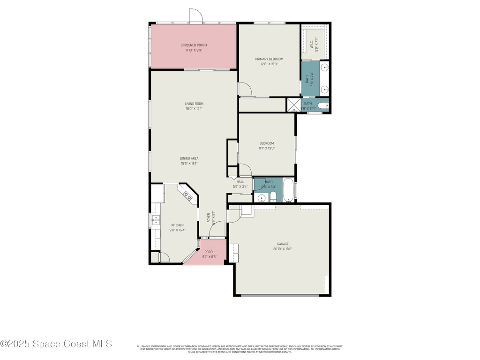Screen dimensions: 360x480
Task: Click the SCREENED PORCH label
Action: point(194,45)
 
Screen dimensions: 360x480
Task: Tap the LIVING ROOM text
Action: point(194,104)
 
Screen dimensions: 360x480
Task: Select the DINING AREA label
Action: point(189,158)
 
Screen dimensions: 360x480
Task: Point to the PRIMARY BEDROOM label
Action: point(269,59)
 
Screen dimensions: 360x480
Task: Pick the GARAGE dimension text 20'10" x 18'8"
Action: point(283,249)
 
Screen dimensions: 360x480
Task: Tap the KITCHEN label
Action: point(177,225)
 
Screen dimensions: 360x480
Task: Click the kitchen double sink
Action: point(156,220)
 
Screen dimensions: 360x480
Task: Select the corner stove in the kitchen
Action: point(189,195)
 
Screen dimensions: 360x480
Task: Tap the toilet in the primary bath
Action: point(324,105)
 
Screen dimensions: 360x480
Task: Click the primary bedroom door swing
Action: point(245,89)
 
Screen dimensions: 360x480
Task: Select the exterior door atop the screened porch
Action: point(195,16)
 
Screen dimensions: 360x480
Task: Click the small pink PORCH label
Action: point(209,252)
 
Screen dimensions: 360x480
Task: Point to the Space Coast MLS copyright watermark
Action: point(56,344)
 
